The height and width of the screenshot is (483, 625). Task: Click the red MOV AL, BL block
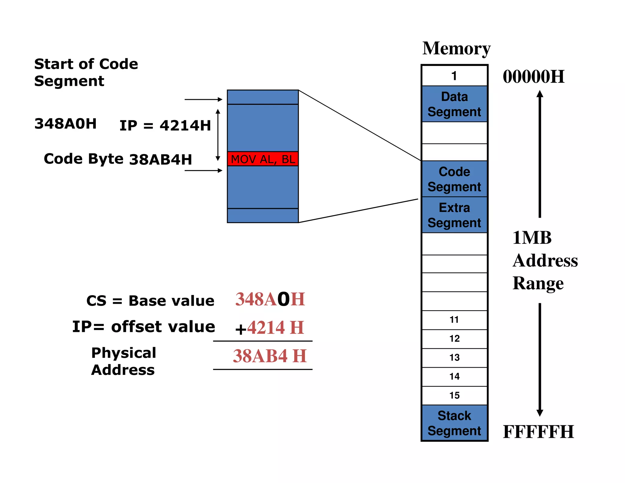pyautogui.click(x=263, y=159)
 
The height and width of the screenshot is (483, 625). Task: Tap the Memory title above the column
pyautogui.click(x=456, y=49)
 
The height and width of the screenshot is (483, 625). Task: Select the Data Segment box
pyautogui.click(x=454, y=104)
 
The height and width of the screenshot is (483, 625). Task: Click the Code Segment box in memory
pyautogui.click(x=454, y=179)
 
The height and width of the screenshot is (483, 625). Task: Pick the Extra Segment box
pyautogui.click(x=454, y=215)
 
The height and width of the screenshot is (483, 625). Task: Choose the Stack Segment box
pyautogui.click(x=454, y=423)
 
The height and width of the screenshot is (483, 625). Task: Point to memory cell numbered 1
pyautogui.click(x=454, y=76)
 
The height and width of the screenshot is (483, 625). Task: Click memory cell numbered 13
pyautogui.click(x=454, y=358)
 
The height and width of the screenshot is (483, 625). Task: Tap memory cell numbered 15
pyautogui.click(x=454, y=395)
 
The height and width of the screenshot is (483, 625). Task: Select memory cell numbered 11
pyautogui.click(x=454, y=320)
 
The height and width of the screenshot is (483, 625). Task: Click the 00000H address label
pyautogui.click(x=533, y=77)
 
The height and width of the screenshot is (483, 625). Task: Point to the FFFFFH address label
pyautogui.click(x=538, y=432)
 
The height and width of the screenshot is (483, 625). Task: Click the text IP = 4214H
pyautogui.click(x=165, y=125)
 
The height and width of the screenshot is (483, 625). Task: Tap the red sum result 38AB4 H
pyautogui.click(x=270, y=356)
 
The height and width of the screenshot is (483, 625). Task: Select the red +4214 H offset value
pyautogui.click(x=270, y=328)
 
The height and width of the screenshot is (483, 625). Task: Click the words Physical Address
pyautogui.click(x=124, y=361)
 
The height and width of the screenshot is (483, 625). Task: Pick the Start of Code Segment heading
pyautogui.click(x=86, y=72)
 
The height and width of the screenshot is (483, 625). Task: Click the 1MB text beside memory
pyautogui.click(x=532, y=238)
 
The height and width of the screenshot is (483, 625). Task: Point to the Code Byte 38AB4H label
pyautogui.click(x=118, y=159)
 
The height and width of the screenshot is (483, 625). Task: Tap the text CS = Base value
pyautogui.click(x=150, y=301)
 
